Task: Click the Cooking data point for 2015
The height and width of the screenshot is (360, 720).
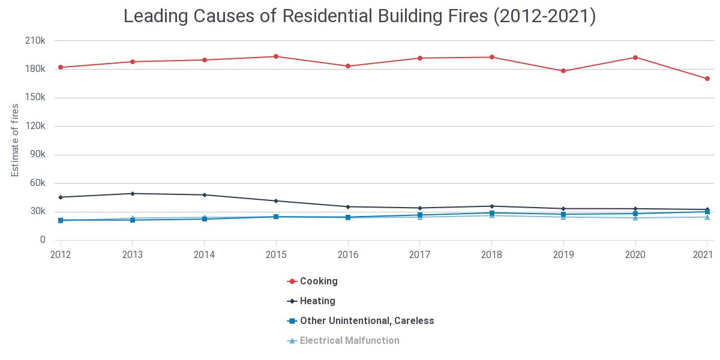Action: (276, 56)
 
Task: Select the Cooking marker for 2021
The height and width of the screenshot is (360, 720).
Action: (707, 79)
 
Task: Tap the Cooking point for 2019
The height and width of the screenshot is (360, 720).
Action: (563, 71)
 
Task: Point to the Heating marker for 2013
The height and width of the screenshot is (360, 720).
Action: (133, 193)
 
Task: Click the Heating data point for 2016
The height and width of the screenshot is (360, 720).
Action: (348, 206)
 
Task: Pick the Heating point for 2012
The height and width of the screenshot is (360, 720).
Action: (61, 197)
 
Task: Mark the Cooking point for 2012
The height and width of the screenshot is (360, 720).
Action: (61, 67)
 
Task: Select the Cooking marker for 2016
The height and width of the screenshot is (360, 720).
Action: (348, 66)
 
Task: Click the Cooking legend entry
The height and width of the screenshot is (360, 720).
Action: (318, 281)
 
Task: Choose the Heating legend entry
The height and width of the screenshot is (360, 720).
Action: (317, 301)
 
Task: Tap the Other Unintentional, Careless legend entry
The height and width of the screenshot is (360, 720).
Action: (366, 320)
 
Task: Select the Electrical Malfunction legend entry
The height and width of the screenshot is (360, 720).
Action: (349, 340)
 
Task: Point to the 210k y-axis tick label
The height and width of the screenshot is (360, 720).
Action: (35, 41)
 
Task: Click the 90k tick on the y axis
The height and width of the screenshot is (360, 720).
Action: (37, 155)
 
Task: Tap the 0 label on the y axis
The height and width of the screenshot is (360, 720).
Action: (43, 240)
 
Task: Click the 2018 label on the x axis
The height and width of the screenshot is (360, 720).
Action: (491, 254)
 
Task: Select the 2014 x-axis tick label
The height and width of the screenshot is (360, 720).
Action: (204, 254)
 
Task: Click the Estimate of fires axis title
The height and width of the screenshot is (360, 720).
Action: (15, 140)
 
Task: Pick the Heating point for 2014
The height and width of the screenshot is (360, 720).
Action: (204, 194)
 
